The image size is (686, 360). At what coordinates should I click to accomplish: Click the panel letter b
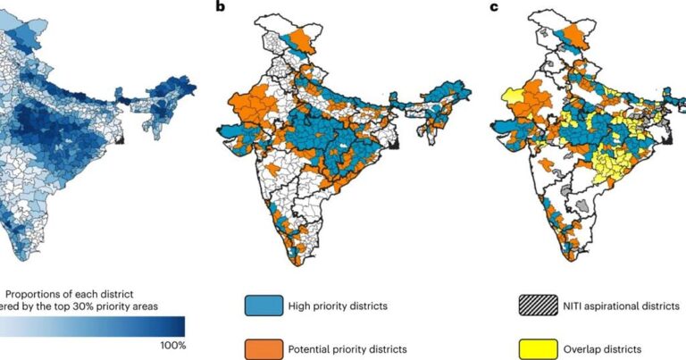221,8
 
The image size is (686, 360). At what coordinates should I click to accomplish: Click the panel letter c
496,8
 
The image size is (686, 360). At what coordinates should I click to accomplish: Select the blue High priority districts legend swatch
260,306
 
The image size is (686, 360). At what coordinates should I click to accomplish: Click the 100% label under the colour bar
172,345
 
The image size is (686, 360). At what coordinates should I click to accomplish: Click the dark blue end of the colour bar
177,325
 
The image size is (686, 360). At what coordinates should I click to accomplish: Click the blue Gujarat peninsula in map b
234,132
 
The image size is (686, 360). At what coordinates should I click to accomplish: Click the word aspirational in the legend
623,306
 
